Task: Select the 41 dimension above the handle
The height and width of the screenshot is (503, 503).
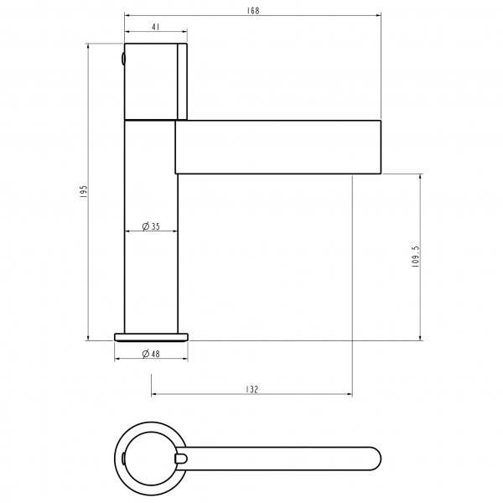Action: (156, 27)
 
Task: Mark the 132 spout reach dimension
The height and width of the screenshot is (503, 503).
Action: (252, 389)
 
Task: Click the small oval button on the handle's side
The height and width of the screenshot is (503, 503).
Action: (123, 60)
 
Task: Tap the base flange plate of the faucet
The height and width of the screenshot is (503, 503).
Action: (151, 337)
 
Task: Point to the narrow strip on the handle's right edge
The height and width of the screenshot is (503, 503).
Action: (181, 80)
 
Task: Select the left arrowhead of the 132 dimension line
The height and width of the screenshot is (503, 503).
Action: (154, 395)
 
